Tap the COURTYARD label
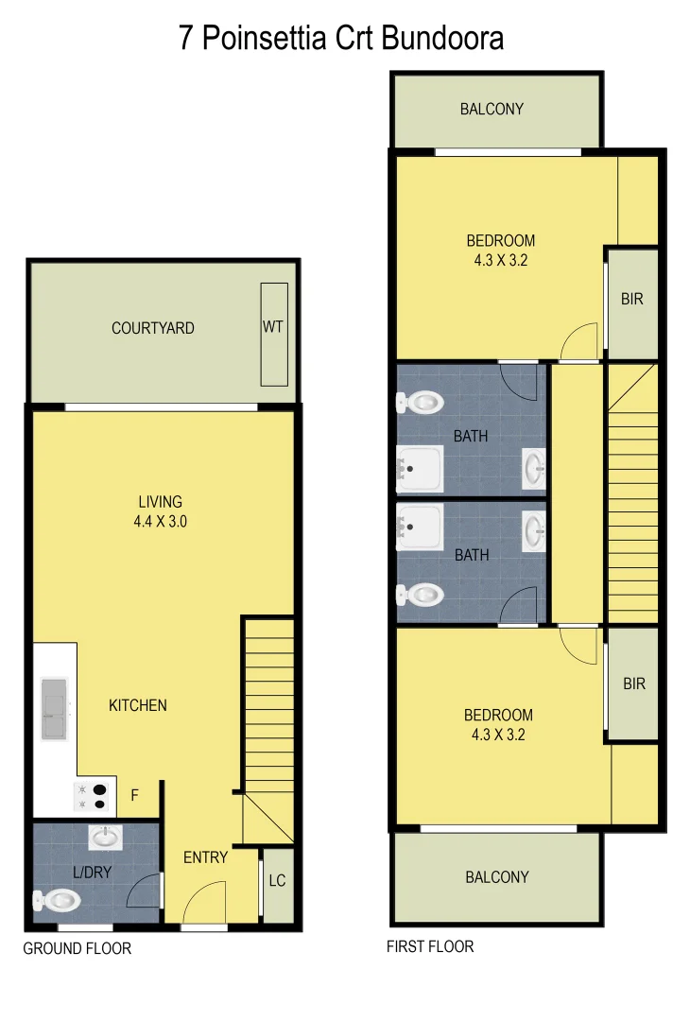click(x=153, y=328)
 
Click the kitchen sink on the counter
click(x=54, y=707)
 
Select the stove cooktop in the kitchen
click(x=94, y=797)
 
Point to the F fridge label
click(x=135, y=796)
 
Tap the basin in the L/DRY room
click(x=104, y=836)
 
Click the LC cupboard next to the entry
click(x=277, y=881)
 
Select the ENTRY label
click(x=205, y=857)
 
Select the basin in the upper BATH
click(x=534, y=466)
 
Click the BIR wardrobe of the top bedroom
click(x=632, y=300)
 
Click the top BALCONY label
click(x=492, y=109)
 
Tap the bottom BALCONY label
click(x=497, y=877)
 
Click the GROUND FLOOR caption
click(x=78, y=948)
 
